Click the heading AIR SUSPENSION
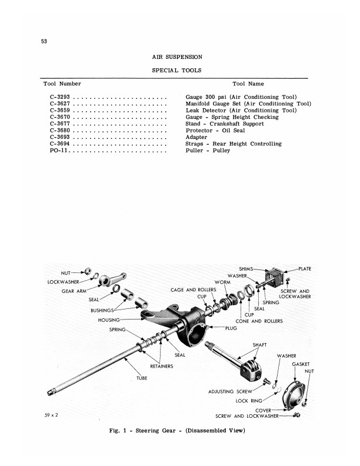(177, 57)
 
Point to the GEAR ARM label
(75, 291)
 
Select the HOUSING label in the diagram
(108, 319)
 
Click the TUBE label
(142, 378)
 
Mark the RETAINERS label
(161, 366)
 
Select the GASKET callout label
(301, 364)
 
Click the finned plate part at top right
(277, 279)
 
